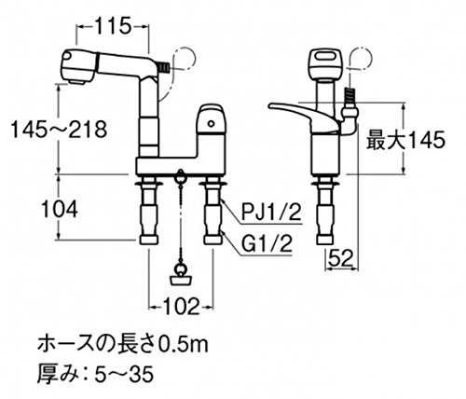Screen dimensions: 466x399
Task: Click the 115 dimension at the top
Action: [x=112, y=26]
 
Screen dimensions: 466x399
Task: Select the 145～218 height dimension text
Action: [x=59, y=129]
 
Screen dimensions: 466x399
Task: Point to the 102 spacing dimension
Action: [x=181, y=307]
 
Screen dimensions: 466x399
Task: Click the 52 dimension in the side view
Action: [x=341, y=258]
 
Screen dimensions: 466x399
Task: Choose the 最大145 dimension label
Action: [x=405, y=141]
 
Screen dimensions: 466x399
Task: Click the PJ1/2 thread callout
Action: [x=271, y=213]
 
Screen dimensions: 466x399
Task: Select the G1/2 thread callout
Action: [x=267, y=244]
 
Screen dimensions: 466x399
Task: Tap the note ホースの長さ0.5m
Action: [x=123, y=345]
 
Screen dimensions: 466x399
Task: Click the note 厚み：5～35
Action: [x=95, y=374]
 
